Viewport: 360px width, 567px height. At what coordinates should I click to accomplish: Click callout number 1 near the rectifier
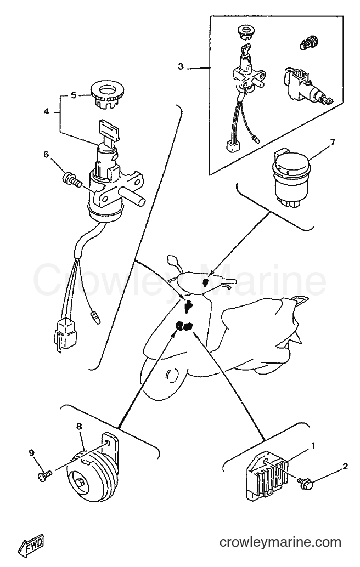[313, 445]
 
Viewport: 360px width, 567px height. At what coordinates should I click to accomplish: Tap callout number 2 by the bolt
[345, 467]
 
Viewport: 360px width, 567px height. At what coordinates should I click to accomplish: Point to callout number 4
[46, 111]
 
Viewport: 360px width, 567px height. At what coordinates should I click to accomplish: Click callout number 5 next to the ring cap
[74, 95]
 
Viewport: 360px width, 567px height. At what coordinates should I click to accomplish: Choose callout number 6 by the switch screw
[46, 155]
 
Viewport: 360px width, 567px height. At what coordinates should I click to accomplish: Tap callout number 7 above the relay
[333, 142]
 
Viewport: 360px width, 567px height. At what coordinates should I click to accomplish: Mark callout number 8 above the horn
[79, 427]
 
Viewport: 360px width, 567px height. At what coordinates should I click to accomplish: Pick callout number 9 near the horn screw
[31, 452]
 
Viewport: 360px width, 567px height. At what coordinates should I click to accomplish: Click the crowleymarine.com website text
[280, 542]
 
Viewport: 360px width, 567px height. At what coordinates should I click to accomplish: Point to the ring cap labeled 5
[106, 94]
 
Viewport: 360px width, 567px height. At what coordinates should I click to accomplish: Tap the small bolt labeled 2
[305, 483]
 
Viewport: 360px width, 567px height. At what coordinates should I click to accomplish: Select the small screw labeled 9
[45, 475]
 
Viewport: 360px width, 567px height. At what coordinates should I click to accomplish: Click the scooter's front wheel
[167, 378]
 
